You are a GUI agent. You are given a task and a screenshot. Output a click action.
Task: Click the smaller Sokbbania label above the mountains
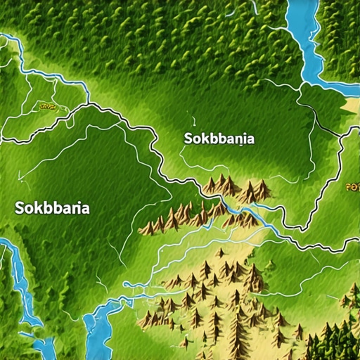[219, 139]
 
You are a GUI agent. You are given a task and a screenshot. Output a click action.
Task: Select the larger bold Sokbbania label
[52, 208]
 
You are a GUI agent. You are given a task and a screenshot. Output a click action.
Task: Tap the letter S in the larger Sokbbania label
[19, 208]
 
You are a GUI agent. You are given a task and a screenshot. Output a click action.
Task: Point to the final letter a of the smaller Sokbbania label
[250, 139]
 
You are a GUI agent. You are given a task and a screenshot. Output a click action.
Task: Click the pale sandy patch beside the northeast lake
[352, 105]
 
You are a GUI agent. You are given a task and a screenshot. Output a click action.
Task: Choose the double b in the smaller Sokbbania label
[215, 139]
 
